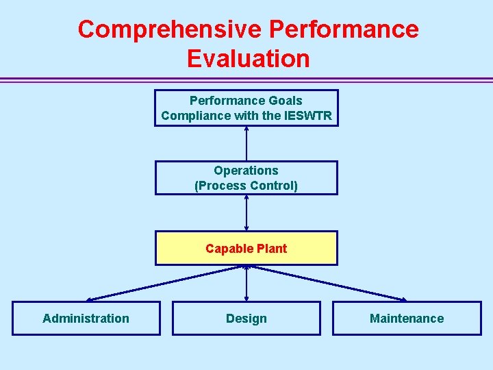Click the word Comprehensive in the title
coord(170,29)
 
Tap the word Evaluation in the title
coord(248,58)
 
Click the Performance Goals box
coord(246,108)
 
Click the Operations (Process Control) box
coord(246,178)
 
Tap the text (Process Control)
coord(246,186)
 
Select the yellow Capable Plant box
coord(246,248)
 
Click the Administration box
coord(86,318)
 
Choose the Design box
coord(246,318)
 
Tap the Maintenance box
coord(407,318)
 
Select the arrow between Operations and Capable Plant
coord(246,213)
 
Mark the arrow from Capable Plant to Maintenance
coord(327,283)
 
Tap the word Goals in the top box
coord(286,101)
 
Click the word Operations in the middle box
coord(246,171)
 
